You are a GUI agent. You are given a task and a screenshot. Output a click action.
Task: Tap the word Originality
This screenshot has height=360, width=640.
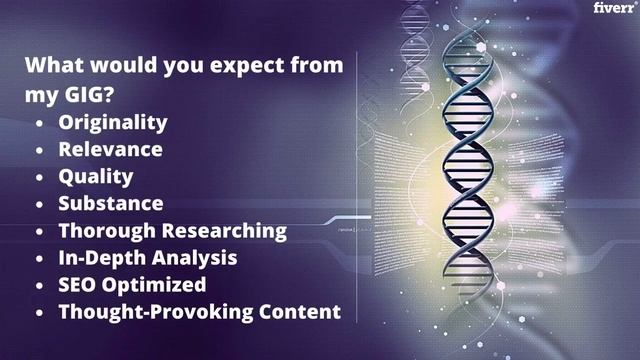point(112,123)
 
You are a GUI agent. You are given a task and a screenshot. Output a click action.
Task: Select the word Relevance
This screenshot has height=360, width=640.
point(110,150)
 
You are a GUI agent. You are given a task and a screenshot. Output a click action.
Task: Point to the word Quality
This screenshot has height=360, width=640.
point(95,177)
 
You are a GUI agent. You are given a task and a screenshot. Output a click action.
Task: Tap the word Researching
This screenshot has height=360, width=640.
point(223,231)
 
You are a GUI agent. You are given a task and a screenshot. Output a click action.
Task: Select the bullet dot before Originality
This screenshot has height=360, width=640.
point(39,124)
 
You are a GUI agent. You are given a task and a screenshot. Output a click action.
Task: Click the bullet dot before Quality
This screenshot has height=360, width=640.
point(39,178)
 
